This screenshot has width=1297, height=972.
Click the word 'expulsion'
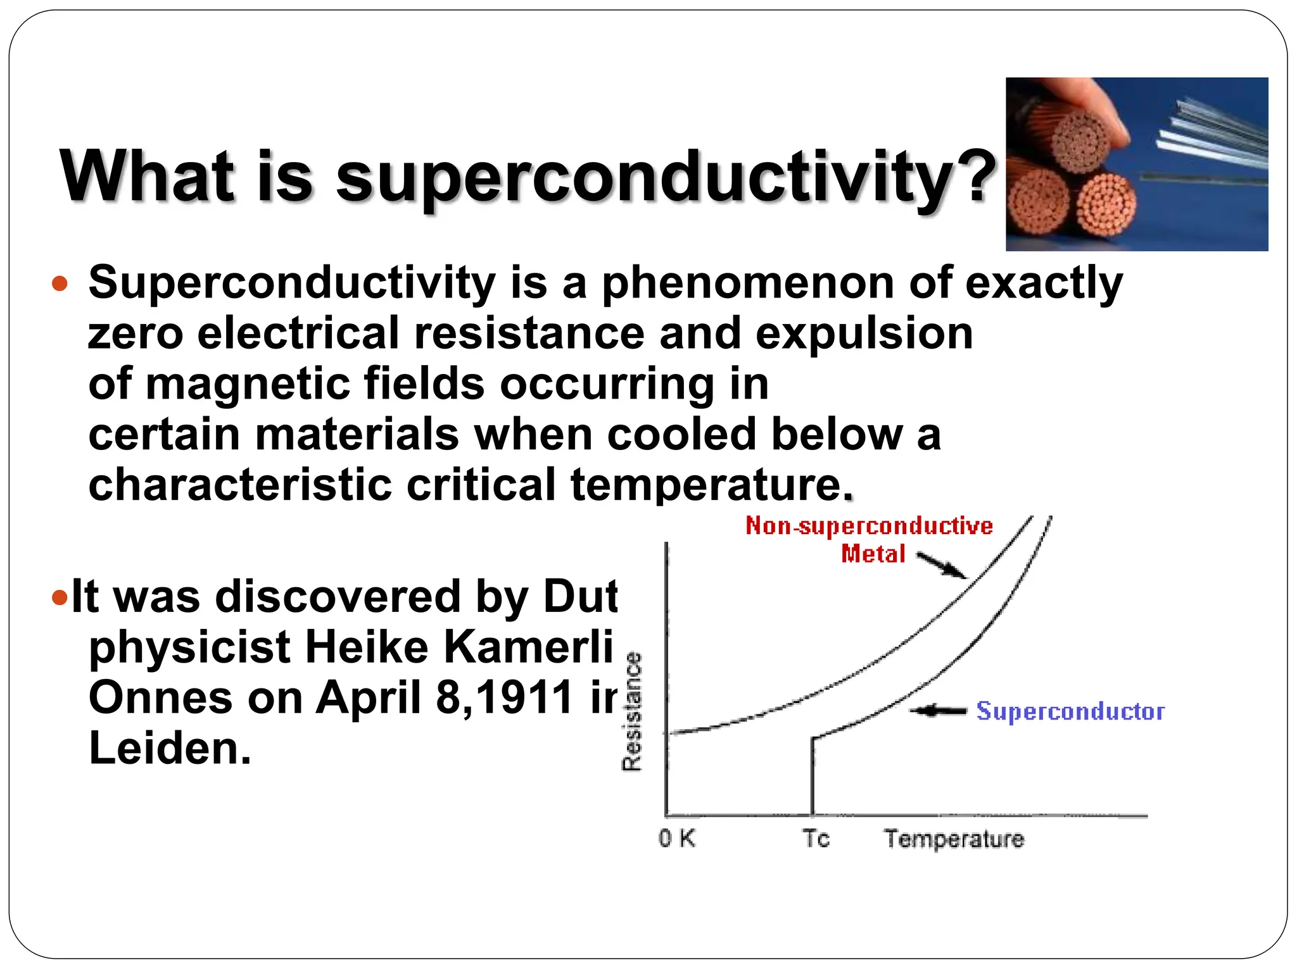(x=864, y=333)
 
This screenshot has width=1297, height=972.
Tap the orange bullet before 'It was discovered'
(x=60, y=597)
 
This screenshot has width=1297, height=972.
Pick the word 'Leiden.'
(x=170, y=749)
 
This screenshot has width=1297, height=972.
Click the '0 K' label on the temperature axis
(x=676, y=838)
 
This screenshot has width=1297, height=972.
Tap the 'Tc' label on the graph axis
(x=816, y=838)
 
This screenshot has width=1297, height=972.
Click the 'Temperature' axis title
(x=954, y=839)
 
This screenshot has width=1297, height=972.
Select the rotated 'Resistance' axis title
(x=632, y=711)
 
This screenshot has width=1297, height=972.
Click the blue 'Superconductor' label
(x=1070, y=711)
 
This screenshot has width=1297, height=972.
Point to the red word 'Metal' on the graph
(x=873, y=554)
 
